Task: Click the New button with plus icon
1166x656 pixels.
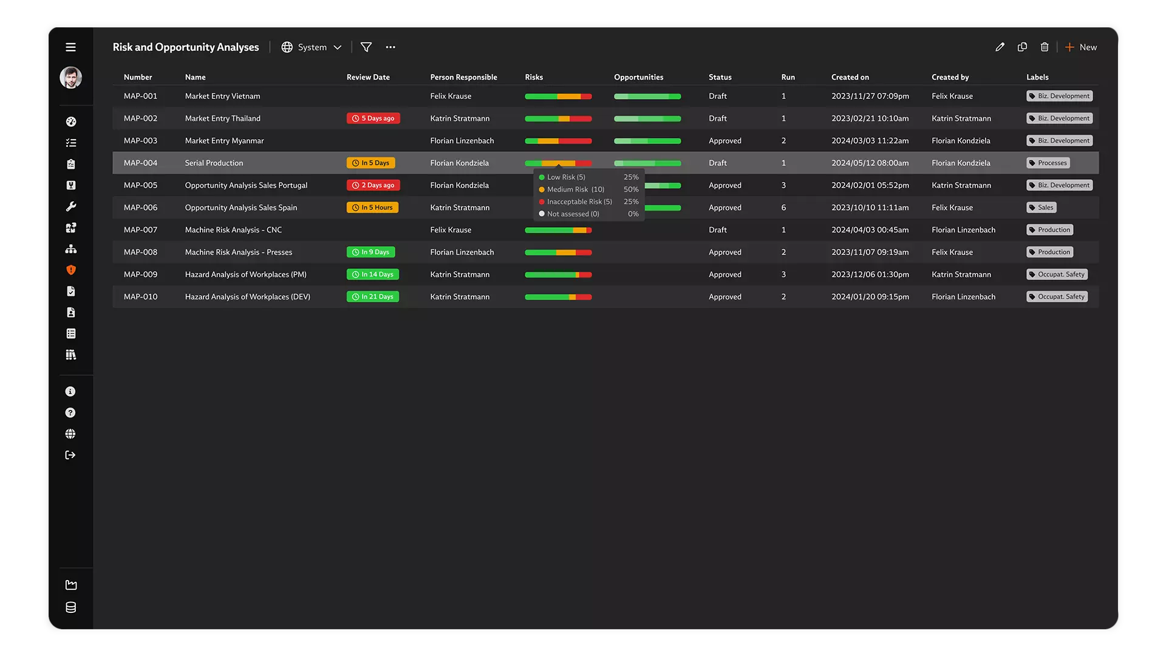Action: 1081,47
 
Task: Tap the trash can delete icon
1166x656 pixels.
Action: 1045,47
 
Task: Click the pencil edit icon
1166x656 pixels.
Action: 1000,47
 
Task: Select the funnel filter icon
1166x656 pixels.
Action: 366,47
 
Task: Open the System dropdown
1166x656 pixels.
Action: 312,47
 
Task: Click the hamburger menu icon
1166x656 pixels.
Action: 70,47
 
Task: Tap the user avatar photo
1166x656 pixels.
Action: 70,78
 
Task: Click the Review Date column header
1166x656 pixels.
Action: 368,77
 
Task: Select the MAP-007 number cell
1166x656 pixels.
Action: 140,230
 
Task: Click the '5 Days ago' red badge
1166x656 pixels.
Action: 373,118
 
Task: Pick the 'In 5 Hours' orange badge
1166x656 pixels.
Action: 372,208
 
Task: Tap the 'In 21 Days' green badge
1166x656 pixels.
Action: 372,297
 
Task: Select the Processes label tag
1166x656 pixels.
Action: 1048,163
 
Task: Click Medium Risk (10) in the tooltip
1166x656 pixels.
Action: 575,190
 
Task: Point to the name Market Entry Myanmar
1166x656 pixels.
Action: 224,141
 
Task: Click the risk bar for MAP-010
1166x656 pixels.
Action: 557,297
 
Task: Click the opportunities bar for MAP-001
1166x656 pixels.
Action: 647,97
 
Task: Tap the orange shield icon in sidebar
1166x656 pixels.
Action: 70,270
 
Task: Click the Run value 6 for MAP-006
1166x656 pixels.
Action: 783,208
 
